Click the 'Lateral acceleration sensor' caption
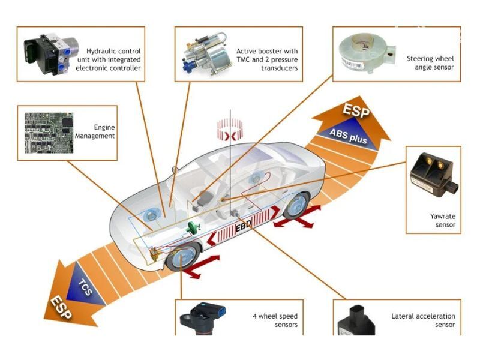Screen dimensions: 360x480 [x=423, y=320]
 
